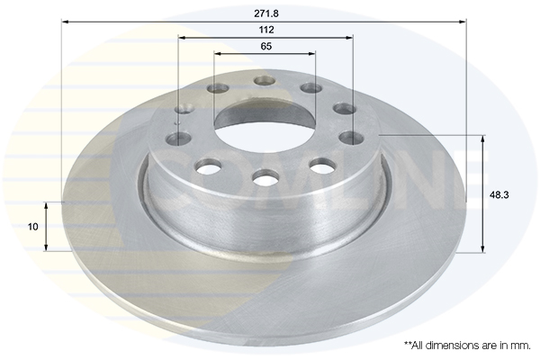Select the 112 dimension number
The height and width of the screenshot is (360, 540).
coord(265,30)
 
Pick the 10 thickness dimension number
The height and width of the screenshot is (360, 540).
coord(33,227)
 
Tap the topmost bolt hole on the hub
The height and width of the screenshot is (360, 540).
coord(265,80)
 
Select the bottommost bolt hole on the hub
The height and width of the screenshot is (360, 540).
coord(265,179)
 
